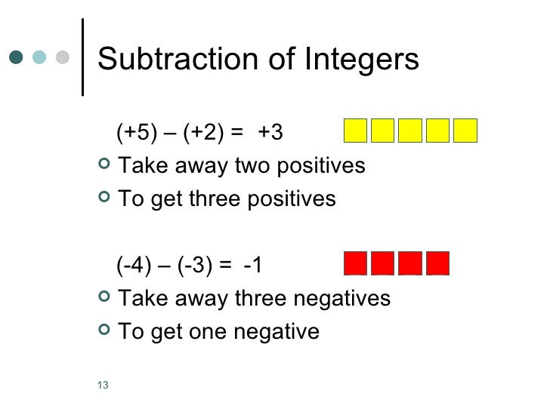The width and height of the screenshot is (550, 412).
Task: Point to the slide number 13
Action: pyautogui.click(x=104, y=387)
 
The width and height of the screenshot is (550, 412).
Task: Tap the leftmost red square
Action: pyautogui.click(x=356, y=263)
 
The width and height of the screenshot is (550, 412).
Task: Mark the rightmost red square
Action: pyautogui.click(x=438, y=263)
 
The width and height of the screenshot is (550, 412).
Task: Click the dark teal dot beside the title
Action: pyautogui.click(x=17, y=57)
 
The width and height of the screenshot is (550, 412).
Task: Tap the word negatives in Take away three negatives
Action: pyautogui.click(x=341, y=299)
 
